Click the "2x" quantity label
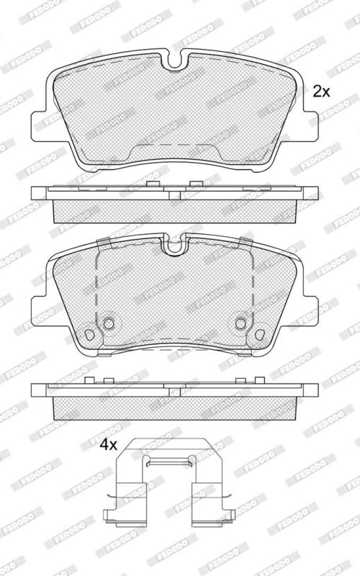(x=321, y=91)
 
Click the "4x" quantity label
(x=109, y=445)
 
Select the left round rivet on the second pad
(x=109, y=323)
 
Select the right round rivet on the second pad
(x=240, y=323)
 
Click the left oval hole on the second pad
(x=89, y=334)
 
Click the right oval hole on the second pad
(x=260, y=334)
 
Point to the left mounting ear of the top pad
(x=39, y=125)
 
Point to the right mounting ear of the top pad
(x=311, y=125)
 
